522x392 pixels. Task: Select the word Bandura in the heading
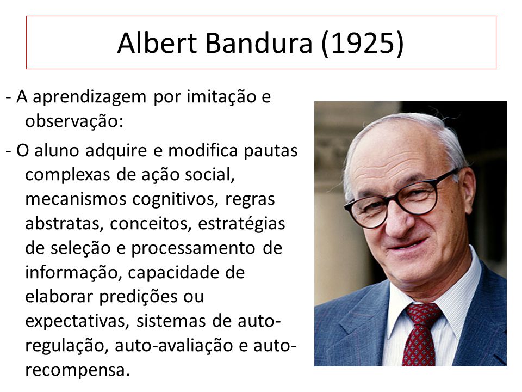259,43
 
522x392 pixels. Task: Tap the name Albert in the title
157,43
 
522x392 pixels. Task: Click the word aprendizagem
90,98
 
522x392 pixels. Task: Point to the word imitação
221,97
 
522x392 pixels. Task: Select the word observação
74,121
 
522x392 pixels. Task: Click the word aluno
57,150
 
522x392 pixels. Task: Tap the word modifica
203,150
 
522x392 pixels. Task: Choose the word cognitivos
175,200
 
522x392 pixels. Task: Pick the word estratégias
241,224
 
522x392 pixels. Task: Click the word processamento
193,249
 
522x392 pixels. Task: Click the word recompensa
77,371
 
